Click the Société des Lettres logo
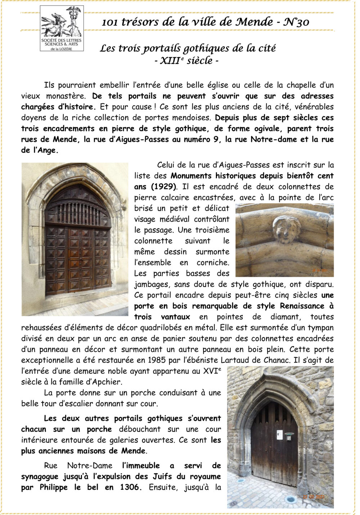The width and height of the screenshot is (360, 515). click(x=62, y=28)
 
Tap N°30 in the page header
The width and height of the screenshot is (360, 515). click(x=296, y=22)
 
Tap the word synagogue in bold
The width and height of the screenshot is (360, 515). click(x=40, y=476)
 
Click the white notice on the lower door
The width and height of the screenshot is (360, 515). click(x=279, y=435)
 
